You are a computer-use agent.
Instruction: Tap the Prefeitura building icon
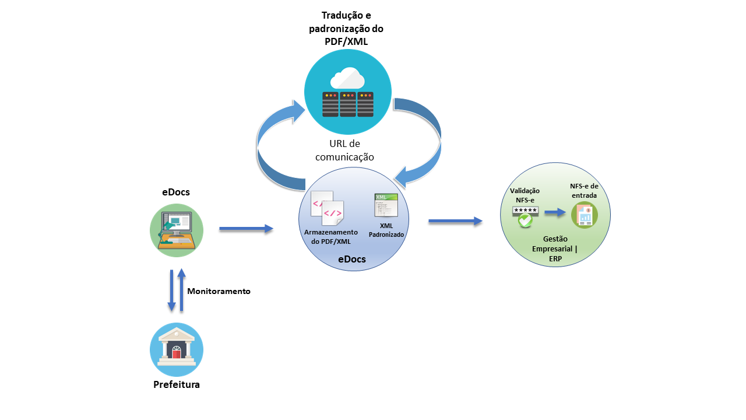tap(176, 349)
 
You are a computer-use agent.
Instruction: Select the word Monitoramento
tap(219, 291)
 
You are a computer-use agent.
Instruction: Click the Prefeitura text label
tap(176, 384)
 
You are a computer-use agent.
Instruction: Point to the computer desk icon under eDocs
tap(176, 230)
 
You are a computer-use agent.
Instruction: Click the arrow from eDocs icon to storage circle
tap(246, 229)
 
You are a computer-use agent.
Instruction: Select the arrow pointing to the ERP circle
tap(455, 220)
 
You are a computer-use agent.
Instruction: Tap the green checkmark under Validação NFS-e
tap(525, 220)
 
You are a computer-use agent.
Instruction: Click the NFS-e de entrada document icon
tap(584, 215)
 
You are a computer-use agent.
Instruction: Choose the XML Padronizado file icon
tap(386, 205)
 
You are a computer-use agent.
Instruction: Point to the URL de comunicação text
tap(344, 150)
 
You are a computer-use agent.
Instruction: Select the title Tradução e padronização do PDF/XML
tap(346, 29)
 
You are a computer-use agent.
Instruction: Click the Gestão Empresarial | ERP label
tap(555, 250)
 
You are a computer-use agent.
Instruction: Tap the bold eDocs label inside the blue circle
tap(352, 259)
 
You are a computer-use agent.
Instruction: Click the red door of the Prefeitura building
tap(176, 353)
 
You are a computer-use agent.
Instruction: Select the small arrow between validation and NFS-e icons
tap(555, 213)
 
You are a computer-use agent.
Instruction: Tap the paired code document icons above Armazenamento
tap(328, 208)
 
